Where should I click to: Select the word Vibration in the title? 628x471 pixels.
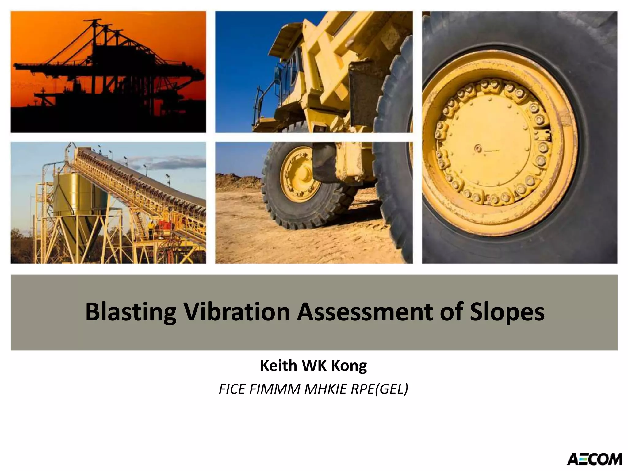[x=236, y=312]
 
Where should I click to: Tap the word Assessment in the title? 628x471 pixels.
[x=365, y=312]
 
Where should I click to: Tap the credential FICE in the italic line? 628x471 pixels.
[x=232, y=389]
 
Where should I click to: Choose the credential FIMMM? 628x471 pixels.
[x=275, y=389]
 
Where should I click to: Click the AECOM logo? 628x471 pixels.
[x=594, y=459]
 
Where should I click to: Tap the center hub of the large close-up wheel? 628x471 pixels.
[x=478, y=149]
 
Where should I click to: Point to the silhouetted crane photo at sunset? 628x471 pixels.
[x=108, y=72]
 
